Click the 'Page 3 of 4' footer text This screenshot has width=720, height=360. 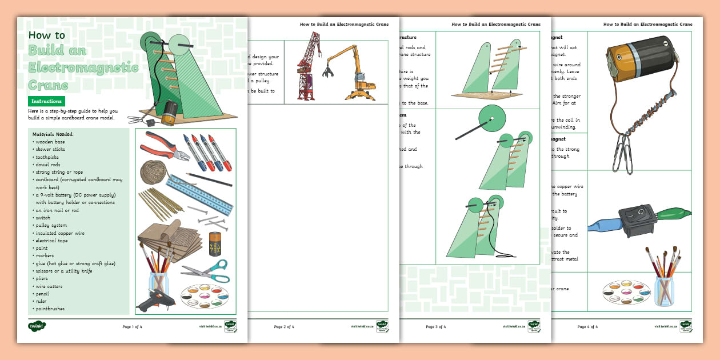click(435, 327)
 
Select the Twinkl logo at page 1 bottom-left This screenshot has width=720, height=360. click(37, 326)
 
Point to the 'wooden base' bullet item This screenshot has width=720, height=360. click(50, 142)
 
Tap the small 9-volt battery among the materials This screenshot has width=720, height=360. click(215, 244)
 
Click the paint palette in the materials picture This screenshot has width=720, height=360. click(205, 296)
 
